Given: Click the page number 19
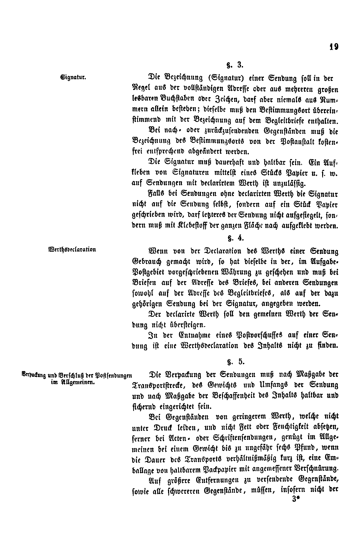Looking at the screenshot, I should click(334, 47).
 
